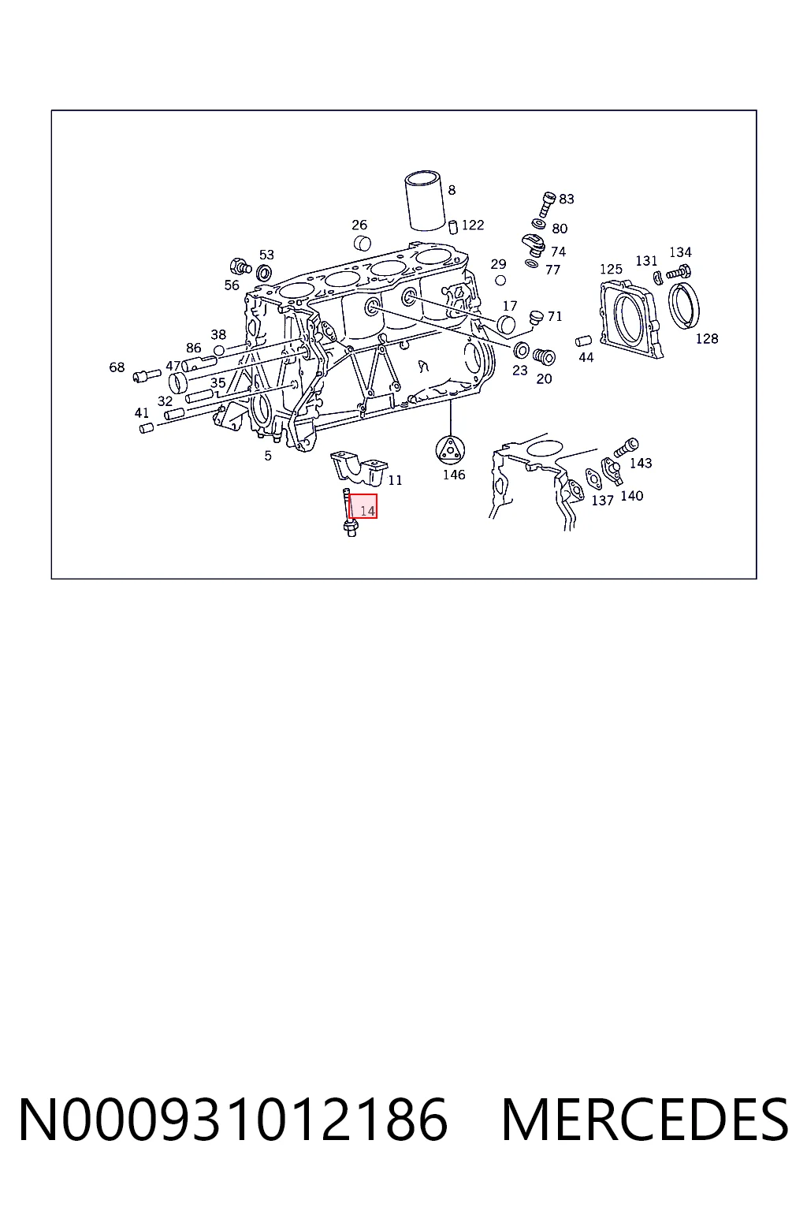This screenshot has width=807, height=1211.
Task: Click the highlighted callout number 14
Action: click(367, 510)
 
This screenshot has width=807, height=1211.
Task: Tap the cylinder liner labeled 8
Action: click(426, 200)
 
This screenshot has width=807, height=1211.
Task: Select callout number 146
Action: click(454, 475)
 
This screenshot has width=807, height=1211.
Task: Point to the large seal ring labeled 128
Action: click(684, 304)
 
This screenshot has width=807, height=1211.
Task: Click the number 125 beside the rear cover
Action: click(611, 269)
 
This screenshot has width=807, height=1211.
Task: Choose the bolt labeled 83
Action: click(546, 204)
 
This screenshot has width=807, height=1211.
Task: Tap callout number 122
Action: click(473, 225)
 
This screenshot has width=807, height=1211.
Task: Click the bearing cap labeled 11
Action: click(359, 467)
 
